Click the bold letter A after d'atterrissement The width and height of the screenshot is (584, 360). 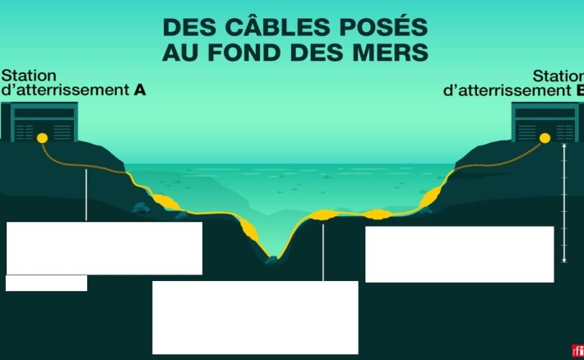pos(140,90)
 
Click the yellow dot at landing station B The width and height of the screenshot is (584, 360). pos(544,139)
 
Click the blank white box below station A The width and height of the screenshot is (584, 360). pos(104,247)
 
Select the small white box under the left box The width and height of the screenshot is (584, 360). pos(46,283)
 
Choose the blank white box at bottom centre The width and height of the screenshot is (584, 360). pos(255,317)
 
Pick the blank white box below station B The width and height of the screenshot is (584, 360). pos(459,254)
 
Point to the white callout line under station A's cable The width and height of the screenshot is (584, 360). pos(86,196)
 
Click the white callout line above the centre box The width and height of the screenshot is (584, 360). pos(323,251)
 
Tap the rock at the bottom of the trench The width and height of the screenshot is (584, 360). pos(271,261)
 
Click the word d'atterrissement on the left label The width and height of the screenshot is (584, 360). pos(66,90)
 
